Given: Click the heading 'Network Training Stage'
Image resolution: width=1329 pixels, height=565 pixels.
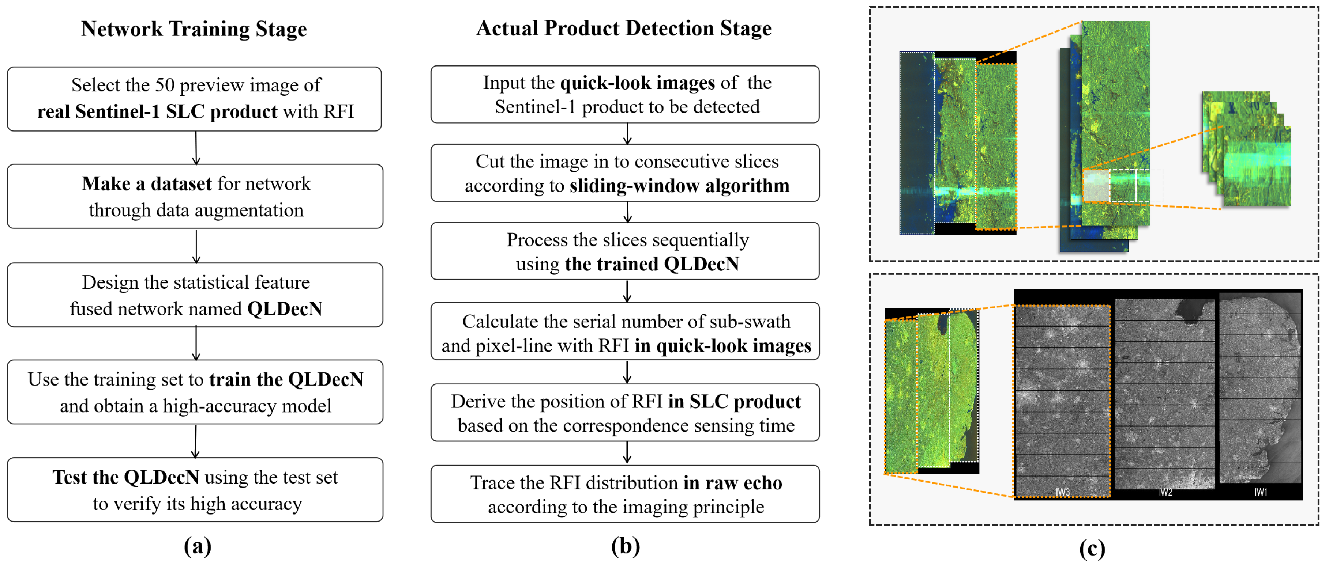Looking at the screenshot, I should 194,29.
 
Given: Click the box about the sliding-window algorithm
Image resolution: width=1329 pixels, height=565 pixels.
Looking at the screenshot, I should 625,173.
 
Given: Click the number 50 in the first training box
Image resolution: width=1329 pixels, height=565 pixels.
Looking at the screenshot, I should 165,85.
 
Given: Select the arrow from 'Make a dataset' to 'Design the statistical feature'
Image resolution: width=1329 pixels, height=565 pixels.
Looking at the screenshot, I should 196,246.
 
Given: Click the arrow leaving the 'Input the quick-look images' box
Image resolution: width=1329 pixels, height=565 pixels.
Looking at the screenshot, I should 627,133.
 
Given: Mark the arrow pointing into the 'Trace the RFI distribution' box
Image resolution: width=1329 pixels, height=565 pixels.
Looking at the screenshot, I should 627,453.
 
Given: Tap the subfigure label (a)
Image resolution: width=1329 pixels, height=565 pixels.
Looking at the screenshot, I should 197,546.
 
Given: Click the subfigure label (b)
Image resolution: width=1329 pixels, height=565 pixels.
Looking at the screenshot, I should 625,546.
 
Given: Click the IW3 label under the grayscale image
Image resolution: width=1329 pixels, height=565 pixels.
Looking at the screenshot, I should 1062,492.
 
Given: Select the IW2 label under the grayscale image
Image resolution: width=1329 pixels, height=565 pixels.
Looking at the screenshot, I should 1165,492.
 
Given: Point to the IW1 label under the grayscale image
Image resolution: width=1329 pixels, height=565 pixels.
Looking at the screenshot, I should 1260,492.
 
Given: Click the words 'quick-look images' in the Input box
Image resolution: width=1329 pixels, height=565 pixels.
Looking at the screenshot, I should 638,83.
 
